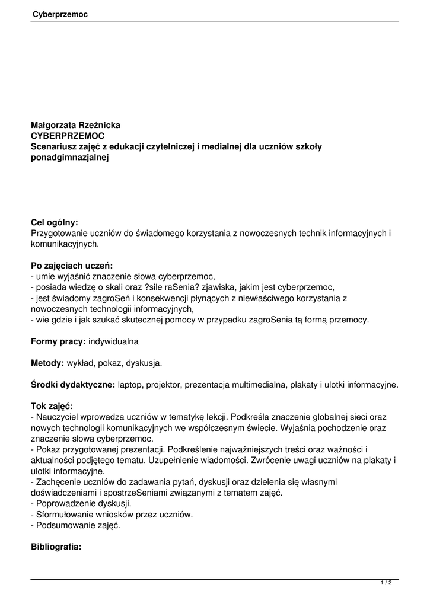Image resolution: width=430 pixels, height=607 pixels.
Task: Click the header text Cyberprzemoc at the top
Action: coord(60,14)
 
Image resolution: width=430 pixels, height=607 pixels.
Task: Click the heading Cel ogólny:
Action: coord(55,222)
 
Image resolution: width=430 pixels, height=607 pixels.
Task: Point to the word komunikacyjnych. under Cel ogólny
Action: coord(65,244)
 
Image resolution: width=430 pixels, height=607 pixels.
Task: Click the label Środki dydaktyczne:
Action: coord(73,385)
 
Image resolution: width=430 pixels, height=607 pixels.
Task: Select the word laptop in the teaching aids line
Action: coord(132,385)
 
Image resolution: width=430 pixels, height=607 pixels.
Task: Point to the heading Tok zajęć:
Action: coord(52,406)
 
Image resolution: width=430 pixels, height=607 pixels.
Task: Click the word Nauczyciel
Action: coord(58,417)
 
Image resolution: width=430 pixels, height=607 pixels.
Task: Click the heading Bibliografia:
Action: coord(56,547)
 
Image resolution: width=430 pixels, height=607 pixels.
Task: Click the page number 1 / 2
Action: coord(386,583)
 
